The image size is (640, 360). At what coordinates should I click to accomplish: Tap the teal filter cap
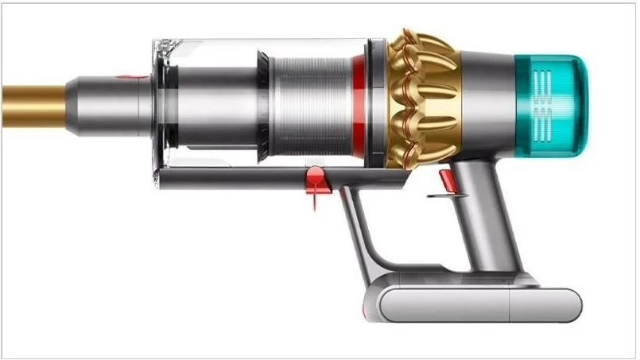[x=549, y=103]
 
